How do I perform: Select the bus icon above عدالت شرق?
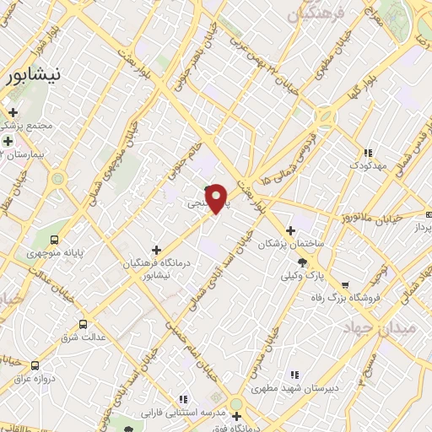click(83, 324)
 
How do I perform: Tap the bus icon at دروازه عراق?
click(35, 365)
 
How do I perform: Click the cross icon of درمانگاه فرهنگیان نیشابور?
click(156, 249)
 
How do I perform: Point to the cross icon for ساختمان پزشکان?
click(291, 229)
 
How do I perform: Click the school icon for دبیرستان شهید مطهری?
click(294, 374)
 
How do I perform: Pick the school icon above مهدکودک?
click(367, 153)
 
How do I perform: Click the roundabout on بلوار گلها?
click(324, 116)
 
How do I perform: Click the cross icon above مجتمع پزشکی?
click(13, 111)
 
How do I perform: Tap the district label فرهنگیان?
click(317, 15)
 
